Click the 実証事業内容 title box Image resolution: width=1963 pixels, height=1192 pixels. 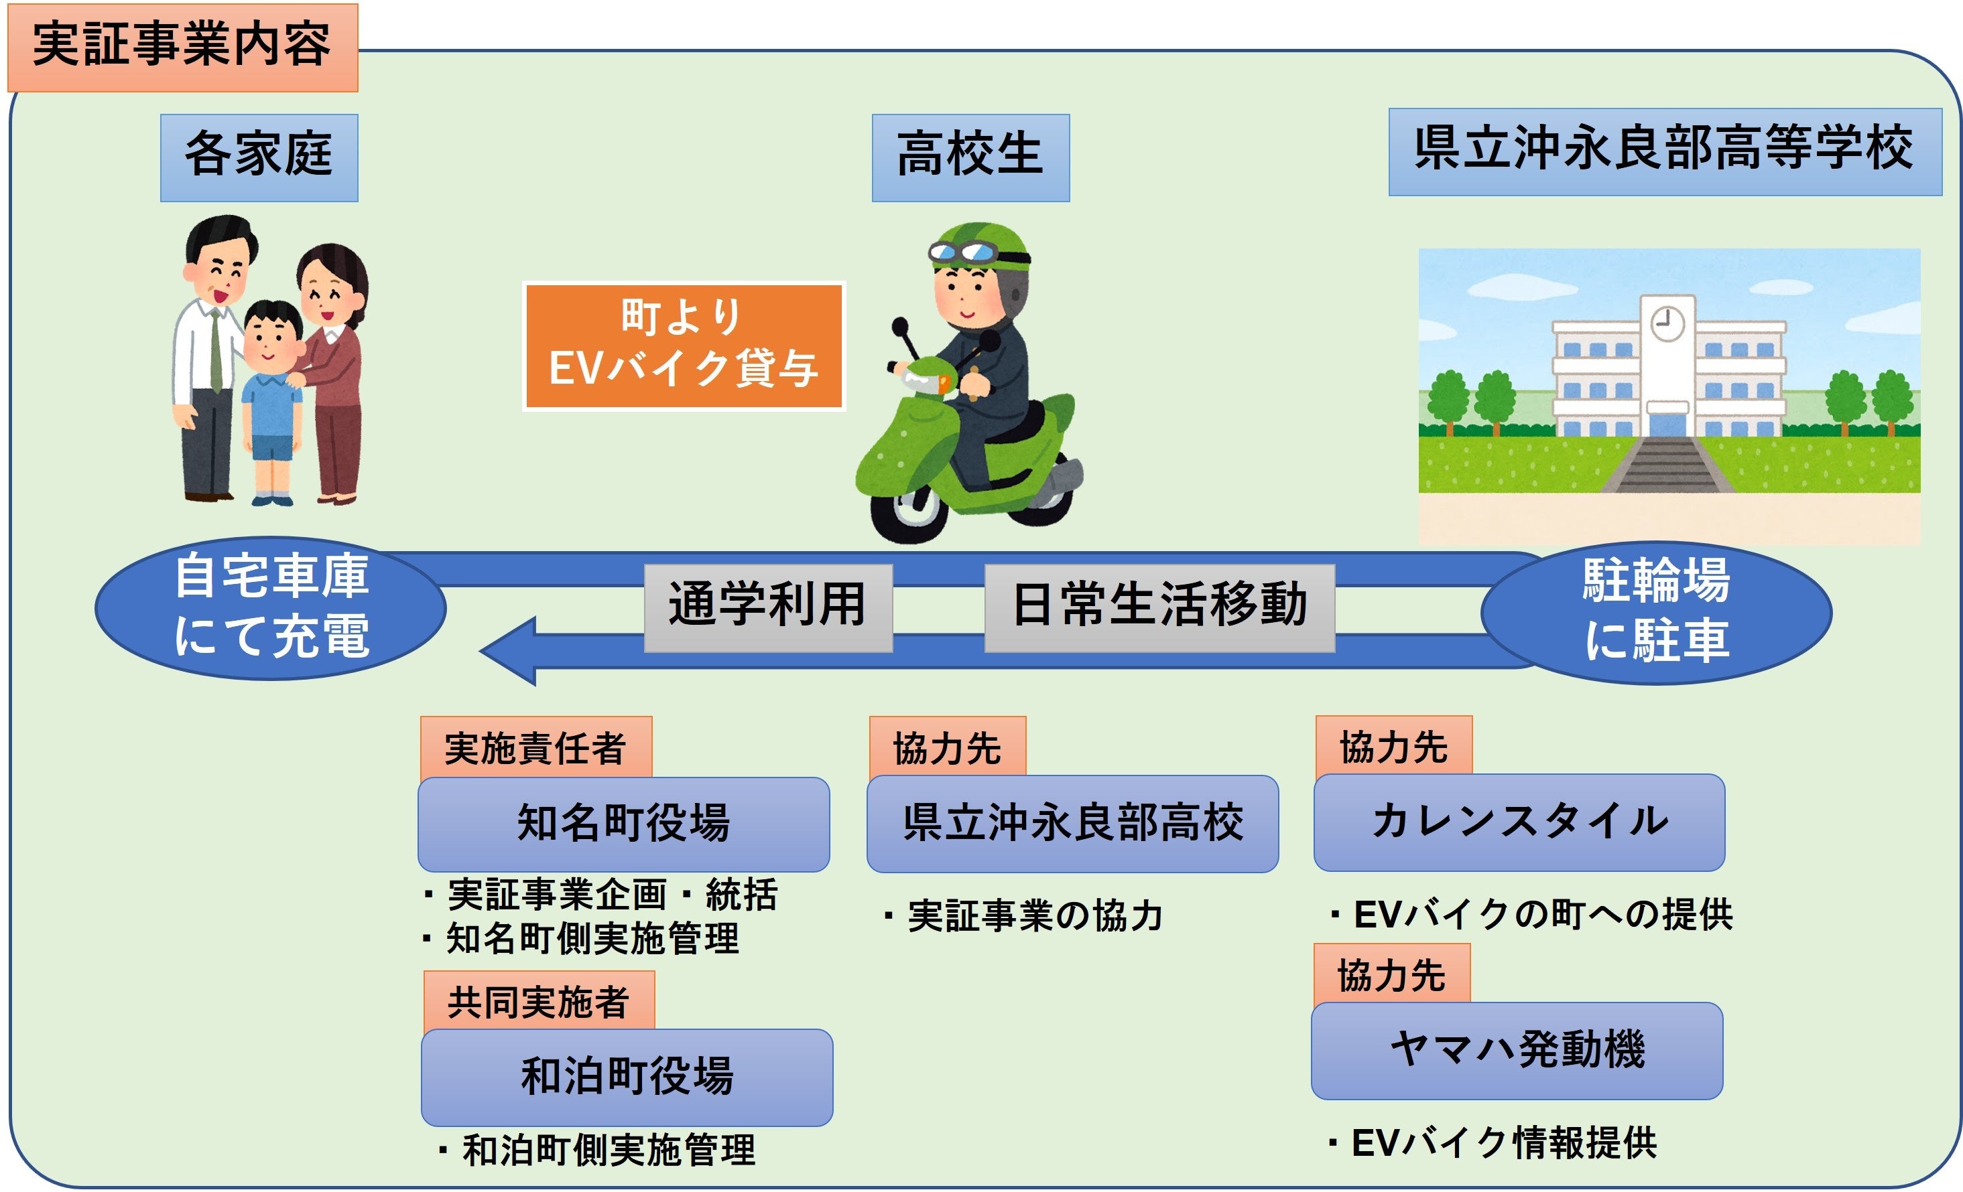coord(182,47)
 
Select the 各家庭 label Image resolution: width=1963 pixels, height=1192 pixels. coord(259,157)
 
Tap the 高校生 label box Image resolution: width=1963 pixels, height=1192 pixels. coord(970,157)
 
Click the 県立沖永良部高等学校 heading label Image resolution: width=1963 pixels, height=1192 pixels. coord(1664,151)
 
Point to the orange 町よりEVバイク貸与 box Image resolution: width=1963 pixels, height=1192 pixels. coord(683,346)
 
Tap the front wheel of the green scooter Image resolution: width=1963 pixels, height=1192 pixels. coord(908,510)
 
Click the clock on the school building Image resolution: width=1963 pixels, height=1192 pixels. coord(1667,323)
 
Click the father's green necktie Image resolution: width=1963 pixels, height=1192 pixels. coord(216,350)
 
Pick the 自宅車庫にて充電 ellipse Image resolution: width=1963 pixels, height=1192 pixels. coord(271,607)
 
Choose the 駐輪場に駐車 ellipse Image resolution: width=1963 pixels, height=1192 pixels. coord(1656,611)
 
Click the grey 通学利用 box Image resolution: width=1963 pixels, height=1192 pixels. coord(767,607)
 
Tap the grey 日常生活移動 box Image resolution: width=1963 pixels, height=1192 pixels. coord(1159,607)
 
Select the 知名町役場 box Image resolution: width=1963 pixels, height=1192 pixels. coord(623,823)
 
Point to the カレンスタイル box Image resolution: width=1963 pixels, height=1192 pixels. coord(1519,822)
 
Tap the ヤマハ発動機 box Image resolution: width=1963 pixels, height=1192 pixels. coord(1517,1049)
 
